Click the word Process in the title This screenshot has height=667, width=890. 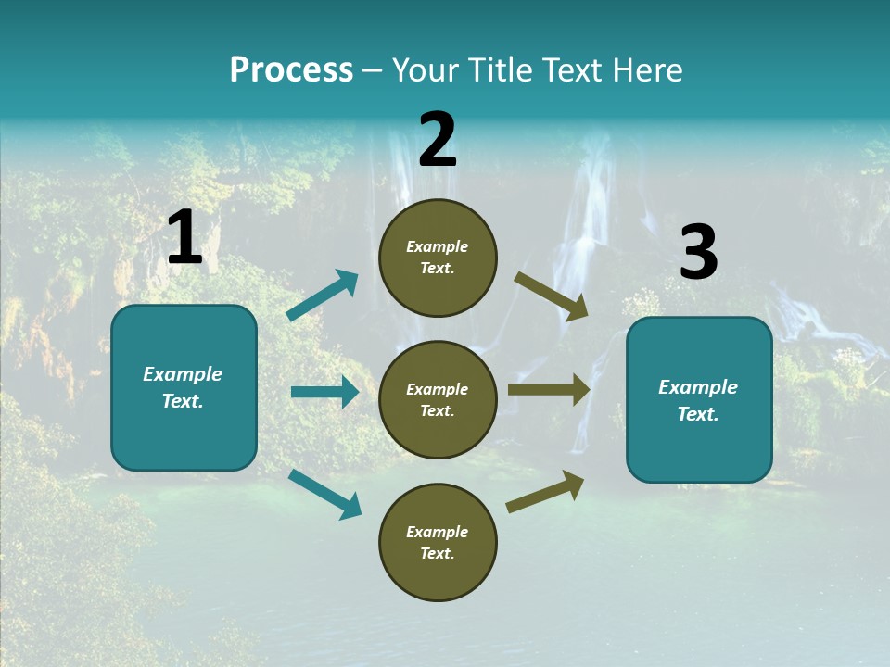291,70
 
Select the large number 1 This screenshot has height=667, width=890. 184,238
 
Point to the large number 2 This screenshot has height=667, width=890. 438,141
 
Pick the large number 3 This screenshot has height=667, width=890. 698,253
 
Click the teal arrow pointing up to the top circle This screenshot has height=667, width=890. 323,296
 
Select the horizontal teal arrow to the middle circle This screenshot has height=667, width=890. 324,392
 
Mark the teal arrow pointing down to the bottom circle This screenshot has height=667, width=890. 324,494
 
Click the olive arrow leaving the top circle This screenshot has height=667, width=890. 552,296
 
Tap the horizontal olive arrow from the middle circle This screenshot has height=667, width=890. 549,390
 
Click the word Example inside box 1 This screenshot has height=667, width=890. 183,374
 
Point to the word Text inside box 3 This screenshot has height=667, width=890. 697,414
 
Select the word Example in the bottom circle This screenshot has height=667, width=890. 438,532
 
